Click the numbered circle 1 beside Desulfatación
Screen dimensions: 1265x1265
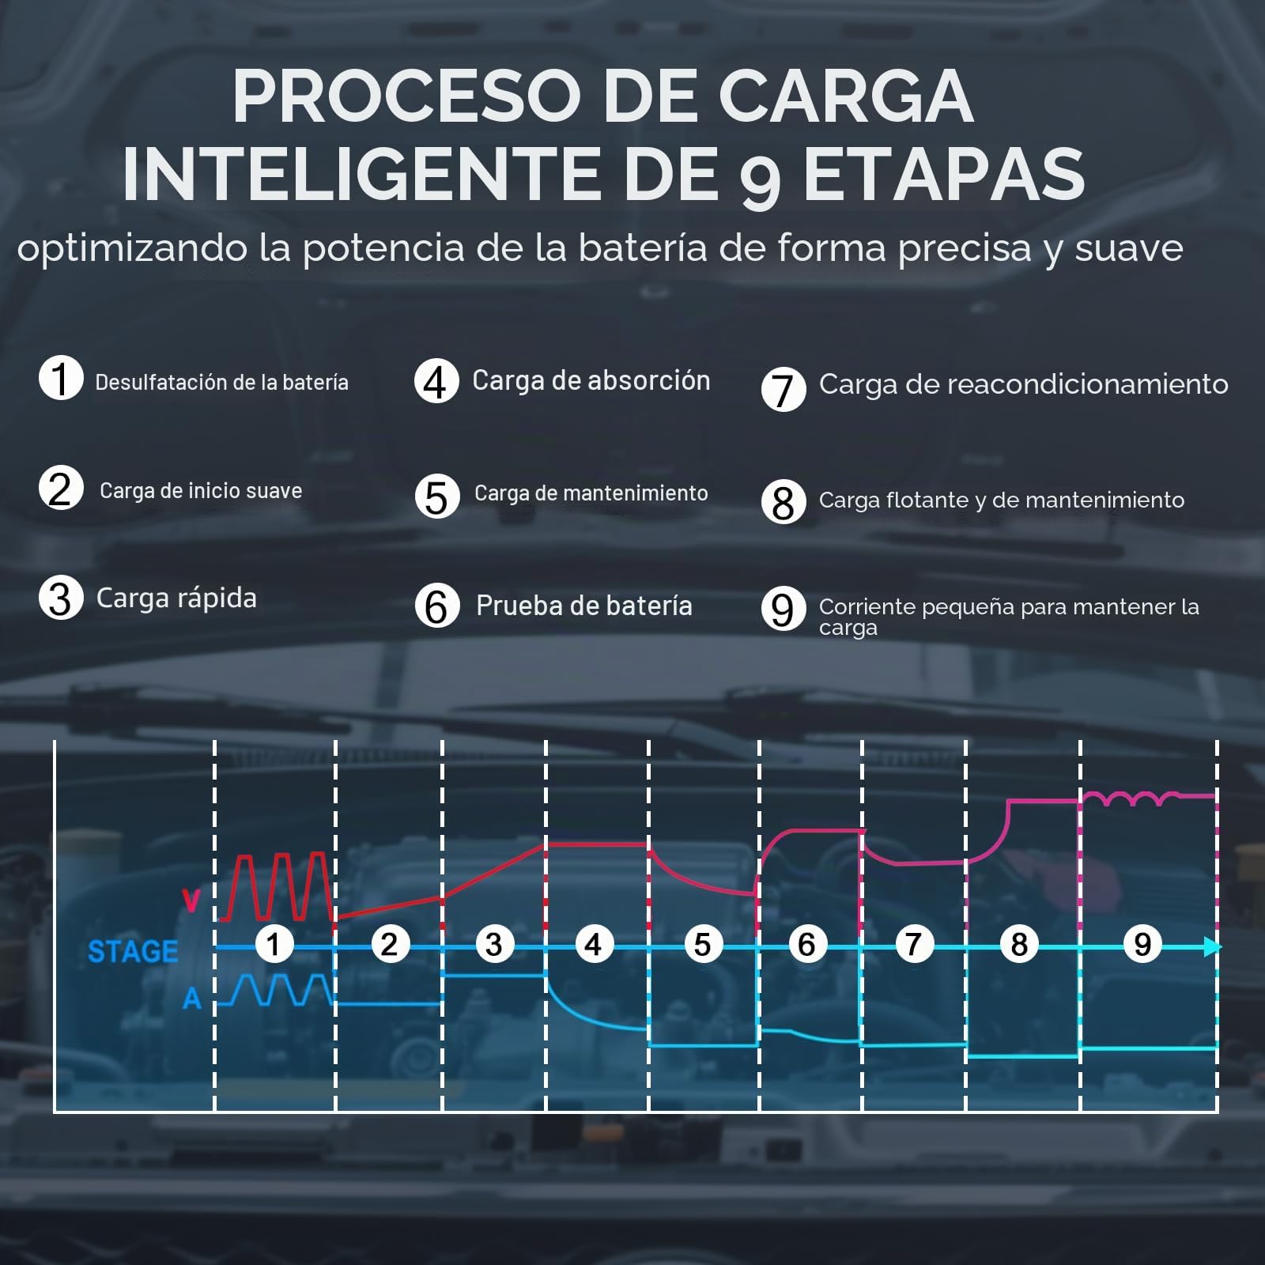pos(61,378)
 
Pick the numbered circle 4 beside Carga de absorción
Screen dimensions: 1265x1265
pos(436,382)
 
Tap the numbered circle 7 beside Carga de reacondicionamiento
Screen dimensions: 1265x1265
pos(784,389)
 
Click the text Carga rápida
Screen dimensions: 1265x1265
pos(176,599)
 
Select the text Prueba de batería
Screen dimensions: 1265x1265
pos(584,606)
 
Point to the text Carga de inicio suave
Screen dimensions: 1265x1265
pos(201,491)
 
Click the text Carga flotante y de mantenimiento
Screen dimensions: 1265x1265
pos(1002,500)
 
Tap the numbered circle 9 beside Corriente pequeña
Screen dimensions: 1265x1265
pos(784,609)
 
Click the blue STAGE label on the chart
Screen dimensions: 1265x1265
pos(133,952)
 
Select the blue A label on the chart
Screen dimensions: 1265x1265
pos(192,999)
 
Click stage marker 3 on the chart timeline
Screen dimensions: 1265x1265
pos(494,944)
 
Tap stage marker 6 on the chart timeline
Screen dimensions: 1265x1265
pos(806,944)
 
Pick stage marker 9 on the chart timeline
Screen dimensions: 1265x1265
pos(1142,944)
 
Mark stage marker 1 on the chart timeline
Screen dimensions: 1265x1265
pos(274,944)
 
